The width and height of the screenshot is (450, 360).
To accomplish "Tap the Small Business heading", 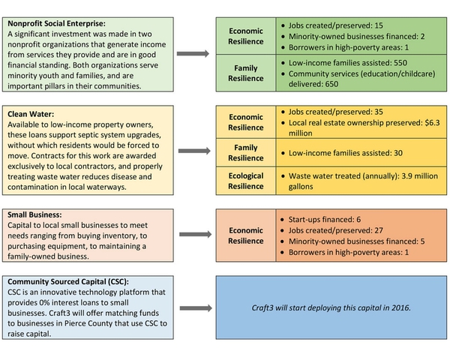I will coord(34,213).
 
